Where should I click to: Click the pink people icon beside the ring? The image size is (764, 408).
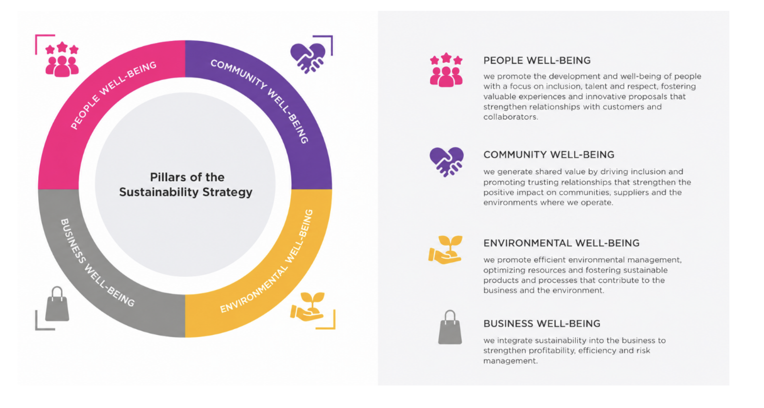pos(62,59)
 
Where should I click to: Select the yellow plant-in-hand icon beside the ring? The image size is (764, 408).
pos(308,307)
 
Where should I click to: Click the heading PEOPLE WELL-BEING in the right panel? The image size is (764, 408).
pos(537,60)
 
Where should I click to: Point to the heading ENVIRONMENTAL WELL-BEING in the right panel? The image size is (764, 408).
pos(562,243)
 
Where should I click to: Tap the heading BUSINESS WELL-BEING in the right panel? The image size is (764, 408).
pos(542,324)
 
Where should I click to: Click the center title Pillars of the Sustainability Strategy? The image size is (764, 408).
pos(186,184)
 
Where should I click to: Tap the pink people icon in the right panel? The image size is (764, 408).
pos(446,70)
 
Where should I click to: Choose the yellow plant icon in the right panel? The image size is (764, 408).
pos(445,250)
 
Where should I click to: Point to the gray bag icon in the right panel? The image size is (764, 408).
pos(450,327)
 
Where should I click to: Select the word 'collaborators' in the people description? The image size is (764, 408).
pos(510,117)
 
